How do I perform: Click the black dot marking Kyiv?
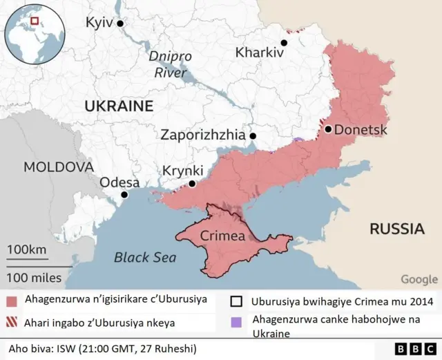(120, 23)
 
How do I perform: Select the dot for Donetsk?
(328, 129)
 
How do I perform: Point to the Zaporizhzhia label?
(203, 135)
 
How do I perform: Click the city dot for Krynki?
(192, 184)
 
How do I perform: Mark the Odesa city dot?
(124, 195)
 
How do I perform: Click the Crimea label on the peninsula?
(222, 236)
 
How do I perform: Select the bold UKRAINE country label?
(118, 106)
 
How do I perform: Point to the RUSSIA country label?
(396, 229)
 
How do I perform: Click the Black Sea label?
(145, 258)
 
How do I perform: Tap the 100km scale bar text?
(28, 249)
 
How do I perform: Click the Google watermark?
(419, 279)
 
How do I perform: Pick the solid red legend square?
(11, 301)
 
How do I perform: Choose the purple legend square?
(237, 321)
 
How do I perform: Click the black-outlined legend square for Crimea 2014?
(237, 301)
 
